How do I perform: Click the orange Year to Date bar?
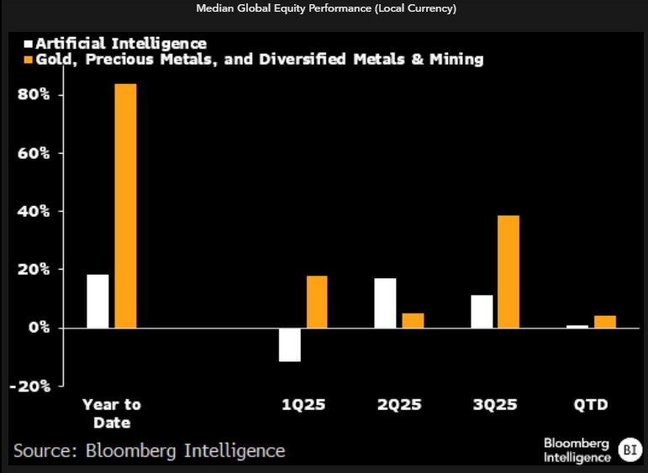click(125, 206)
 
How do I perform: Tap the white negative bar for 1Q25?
click(290, 344)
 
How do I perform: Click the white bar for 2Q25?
click(385, 302)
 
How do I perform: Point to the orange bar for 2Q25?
click(413, 320)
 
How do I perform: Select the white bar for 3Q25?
click(482, 311)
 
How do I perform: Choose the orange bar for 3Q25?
click(508, 271)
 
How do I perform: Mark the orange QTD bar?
click(605, 322)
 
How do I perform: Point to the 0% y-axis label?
click(44, 328)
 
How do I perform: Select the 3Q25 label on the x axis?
click(494, 405)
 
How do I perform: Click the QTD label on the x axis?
click(591, 405)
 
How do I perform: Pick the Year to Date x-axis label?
click(111, 413)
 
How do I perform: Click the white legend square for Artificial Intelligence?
click(29, 43)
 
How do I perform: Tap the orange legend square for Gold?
click(29, 60)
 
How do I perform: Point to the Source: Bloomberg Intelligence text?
click(150, 451)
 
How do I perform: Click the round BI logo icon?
click(628, 449)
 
